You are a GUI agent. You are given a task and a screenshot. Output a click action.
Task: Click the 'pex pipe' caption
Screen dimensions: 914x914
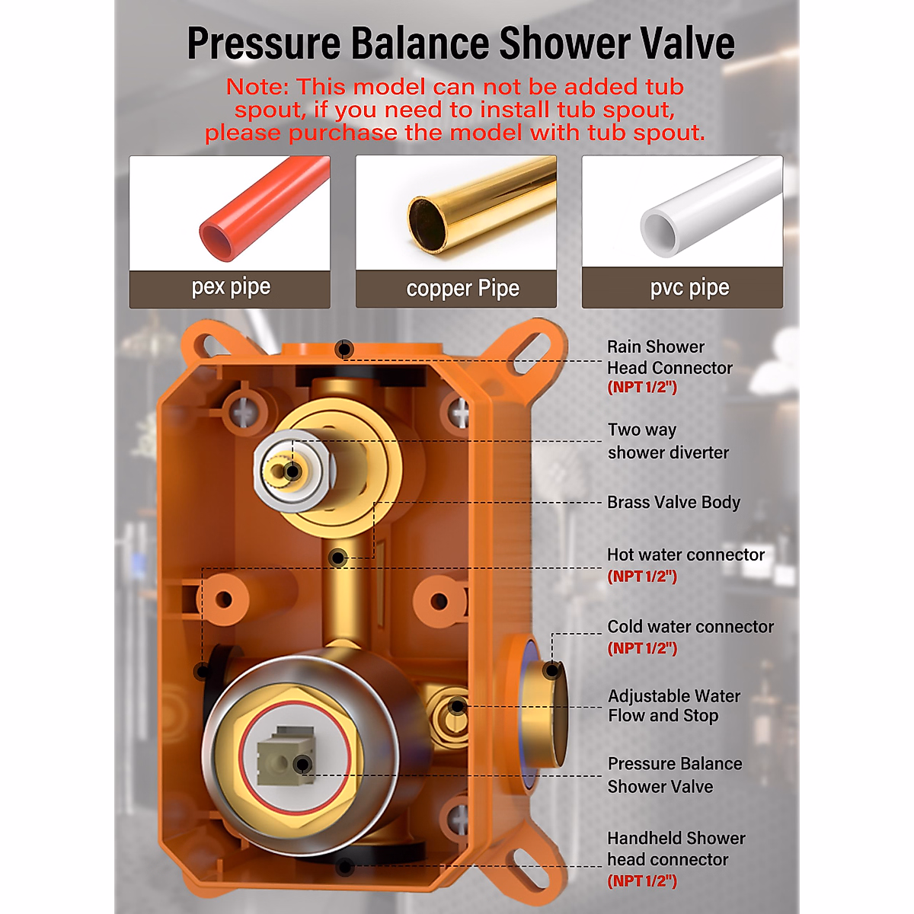[x=231, y=287]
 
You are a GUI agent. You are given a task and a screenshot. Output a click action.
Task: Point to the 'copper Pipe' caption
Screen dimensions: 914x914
[x=462, y=289]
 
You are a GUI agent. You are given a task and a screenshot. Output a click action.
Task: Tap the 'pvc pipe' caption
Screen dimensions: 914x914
[x=689, y=288]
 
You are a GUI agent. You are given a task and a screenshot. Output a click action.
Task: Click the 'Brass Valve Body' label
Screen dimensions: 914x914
[x=673, y=502]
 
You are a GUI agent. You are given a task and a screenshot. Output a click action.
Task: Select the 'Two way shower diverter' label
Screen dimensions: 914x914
[x=668, y=441]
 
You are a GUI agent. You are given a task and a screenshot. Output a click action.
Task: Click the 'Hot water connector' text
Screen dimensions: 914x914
[x=685, y=554]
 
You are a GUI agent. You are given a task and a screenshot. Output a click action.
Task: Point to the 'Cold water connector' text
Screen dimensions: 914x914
[x=690, y=626]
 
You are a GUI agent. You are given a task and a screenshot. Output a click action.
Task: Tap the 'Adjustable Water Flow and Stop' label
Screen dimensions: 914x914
[x=674, y=705]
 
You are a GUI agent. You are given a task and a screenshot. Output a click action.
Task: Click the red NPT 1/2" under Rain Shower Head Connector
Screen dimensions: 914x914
[x=642, y=388]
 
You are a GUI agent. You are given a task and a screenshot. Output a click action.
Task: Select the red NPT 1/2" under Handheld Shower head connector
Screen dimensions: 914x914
[x=642, y=880]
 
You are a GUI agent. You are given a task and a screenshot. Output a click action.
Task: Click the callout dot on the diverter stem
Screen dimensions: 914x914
[x=292, y=472]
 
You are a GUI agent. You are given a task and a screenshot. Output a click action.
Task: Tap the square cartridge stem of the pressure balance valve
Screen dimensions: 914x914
[x=286, y=755]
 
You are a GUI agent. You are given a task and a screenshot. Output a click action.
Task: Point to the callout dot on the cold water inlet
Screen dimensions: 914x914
[x=551, y=670]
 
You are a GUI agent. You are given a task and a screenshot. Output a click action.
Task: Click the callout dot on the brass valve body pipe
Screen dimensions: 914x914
[x=337, y=558]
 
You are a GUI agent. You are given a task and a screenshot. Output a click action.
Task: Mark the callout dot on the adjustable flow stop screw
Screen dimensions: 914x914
[x=457, y=706]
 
